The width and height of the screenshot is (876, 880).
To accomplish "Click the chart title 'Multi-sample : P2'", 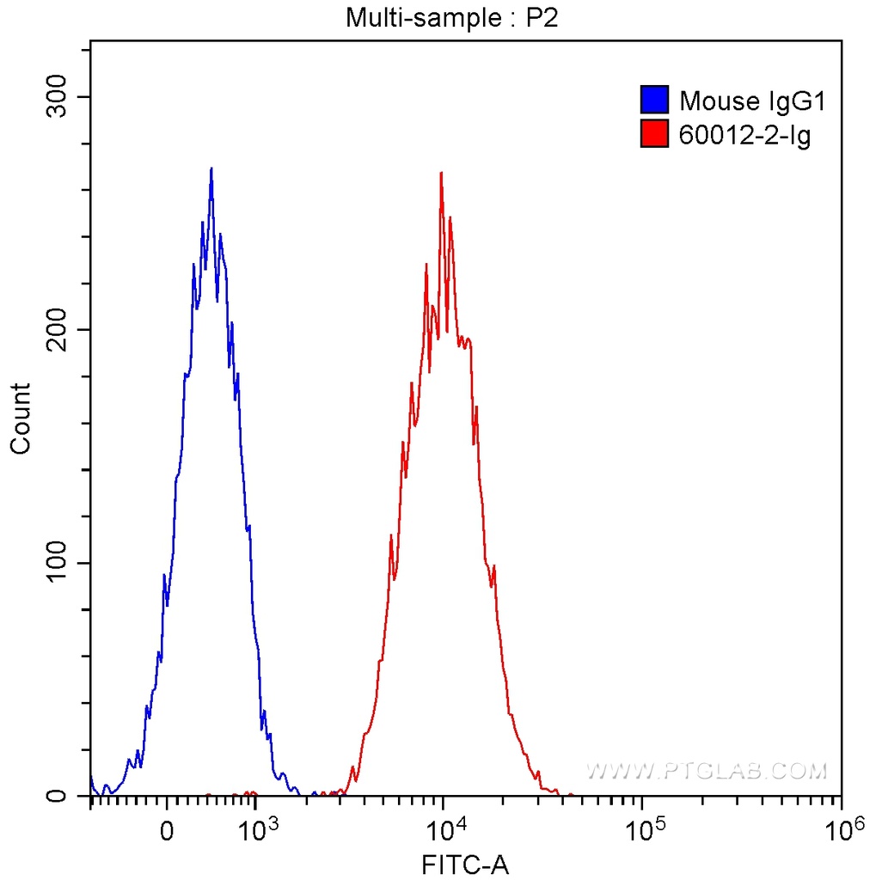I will click(452, 17).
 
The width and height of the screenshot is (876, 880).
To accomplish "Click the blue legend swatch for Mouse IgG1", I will click(654, 101).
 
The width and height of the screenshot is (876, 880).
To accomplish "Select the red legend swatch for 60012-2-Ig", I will click(654, 133).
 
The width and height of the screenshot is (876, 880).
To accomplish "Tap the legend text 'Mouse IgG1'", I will click(752, 101).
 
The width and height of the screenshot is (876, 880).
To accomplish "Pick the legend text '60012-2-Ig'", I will click(744, 134).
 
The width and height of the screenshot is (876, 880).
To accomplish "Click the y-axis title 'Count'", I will click(20, 419).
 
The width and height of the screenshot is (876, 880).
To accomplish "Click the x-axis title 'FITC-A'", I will click(465, 864).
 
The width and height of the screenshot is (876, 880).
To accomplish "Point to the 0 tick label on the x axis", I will click(167, 832).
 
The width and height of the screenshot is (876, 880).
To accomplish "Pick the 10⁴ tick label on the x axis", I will click(448, 830).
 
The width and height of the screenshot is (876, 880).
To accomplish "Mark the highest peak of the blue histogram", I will click(211, 169).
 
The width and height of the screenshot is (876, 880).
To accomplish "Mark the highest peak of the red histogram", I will click(441, 173).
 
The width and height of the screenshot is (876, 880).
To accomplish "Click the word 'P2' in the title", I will click(543, 17).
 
